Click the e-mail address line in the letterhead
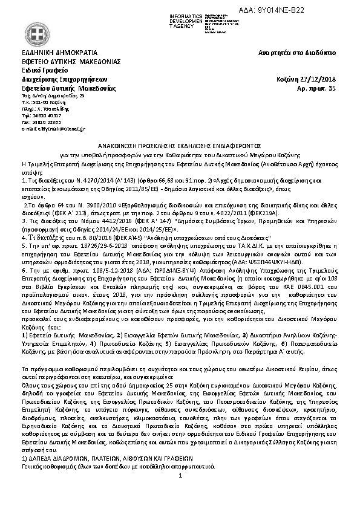click(x=53, y=129)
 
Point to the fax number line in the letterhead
click(x=41, y=122)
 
